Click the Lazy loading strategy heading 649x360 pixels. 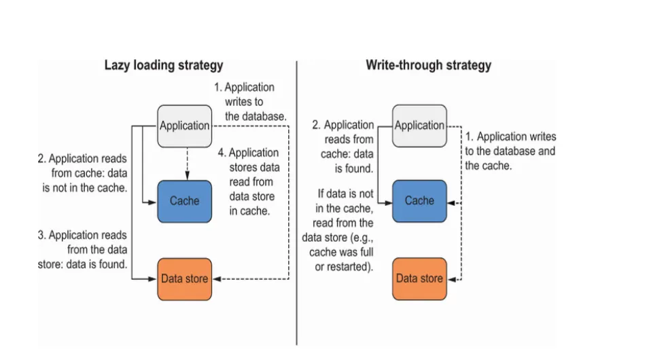click(x=163, y=66)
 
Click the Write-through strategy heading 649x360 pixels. click(x=428, y=66)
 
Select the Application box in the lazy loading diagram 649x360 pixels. click(x=184, y=126)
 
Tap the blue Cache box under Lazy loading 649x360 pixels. click(x=184, y=201)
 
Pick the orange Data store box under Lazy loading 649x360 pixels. click(x=184, y=278)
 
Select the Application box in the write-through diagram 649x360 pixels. click(x=419, y=126)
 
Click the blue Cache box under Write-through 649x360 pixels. click(x=419, y=201)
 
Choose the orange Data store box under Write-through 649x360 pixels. click(x=419, y=278)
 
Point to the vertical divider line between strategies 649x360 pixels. click(x=297, y=204)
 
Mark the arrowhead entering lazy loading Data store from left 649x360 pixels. click(x=154, y=278)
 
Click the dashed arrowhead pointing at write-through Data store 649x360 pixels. click(x=451, y=278)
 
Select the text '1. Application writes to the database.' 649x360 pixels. click(x=250, y=102)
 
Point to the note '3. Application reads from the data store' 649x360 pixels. click(x=82, y=249)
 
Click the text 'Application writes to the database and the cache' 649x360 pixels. click(x=510, y=151)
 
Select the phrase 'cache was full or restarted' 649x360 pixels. click(x=340, y=259)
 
